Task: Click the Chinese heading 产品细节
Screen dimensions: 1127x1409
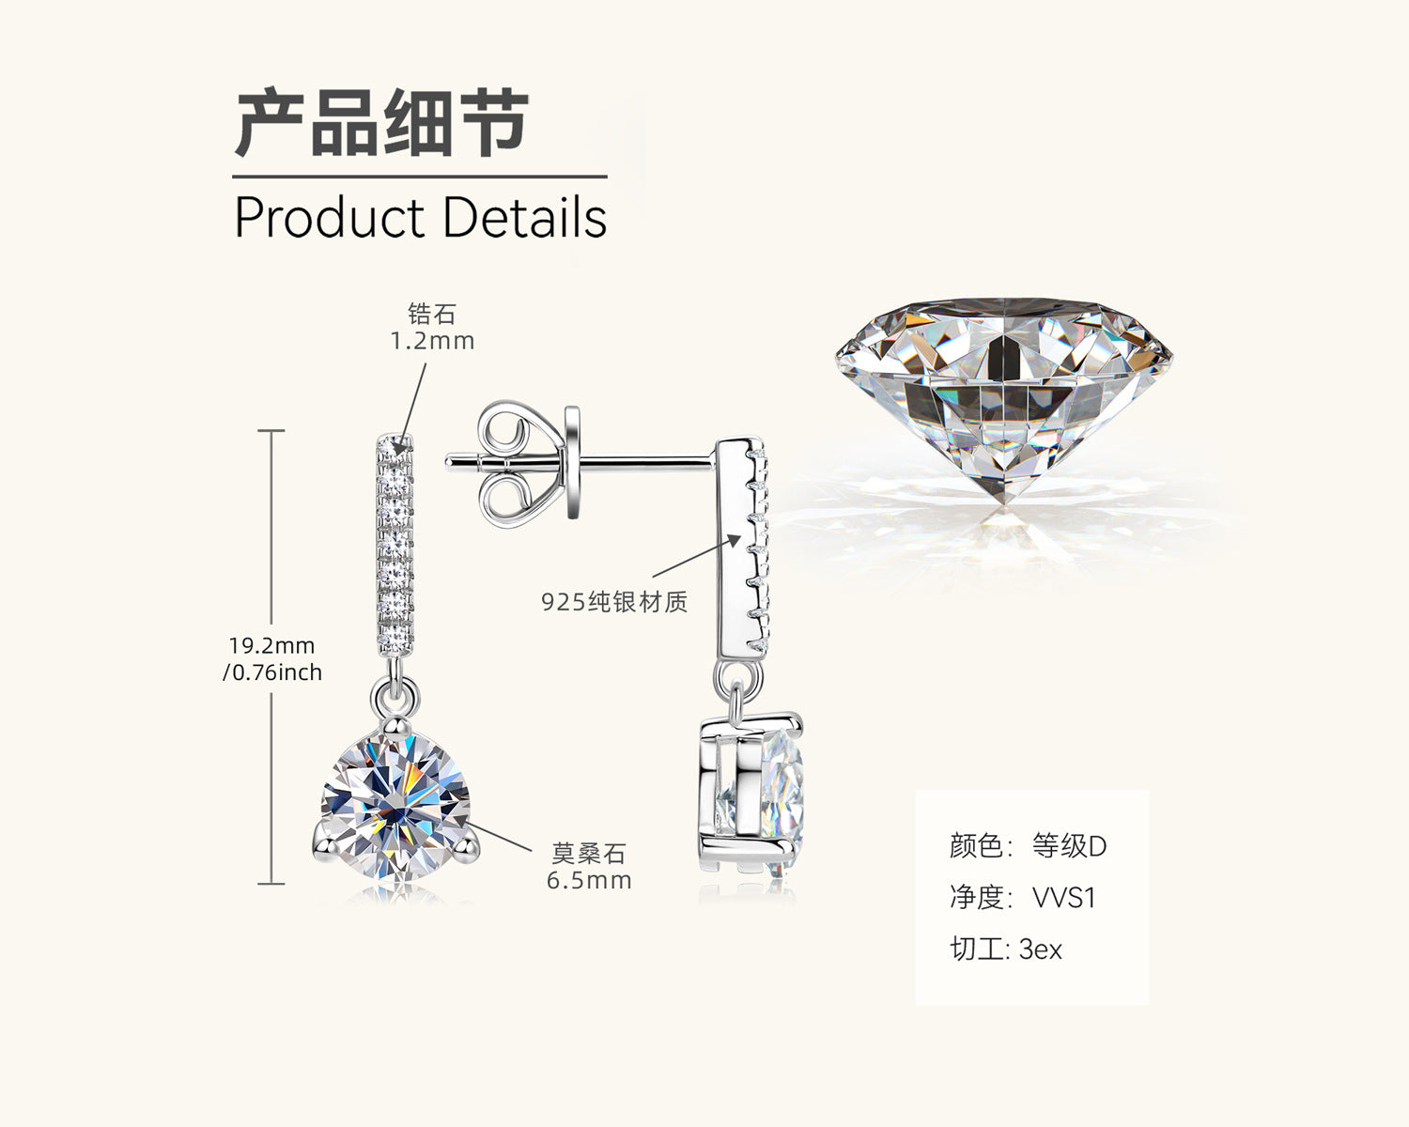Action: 381,123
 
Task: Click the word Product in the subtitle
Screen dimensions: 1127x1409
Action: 329,218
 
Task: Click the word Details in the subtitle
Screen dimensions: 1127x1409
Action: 524,218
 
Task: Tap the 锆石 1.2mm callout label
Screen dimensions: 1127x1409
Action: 432,327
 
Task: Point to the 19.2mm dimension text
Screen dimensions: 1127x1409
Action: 271,646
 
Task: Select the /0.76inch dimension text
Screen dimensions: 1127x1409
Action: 272,672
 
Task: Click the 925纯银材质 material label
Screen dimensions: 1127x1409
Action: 614,602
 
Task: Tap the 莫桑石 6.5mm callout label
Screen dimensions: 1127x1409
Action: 589,867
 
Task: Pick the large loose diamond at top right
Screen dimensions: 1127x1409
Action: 1003,394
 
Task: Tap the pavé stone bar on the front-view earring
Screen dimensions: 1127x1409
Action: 395,545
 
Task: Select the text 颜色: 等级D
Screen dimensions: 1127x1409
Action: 1028,846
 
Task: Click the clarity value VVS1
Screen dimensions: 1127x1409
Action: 1064,898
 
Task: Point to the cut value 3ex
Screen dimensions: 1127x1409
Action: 1041,949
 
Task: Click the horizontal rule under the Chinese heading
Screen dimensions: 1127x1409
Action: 420,177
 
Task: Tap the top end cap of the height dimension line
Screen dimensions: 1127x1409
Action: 271,430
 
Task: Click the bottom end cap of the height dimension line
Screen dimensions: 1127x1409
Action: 271,883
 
